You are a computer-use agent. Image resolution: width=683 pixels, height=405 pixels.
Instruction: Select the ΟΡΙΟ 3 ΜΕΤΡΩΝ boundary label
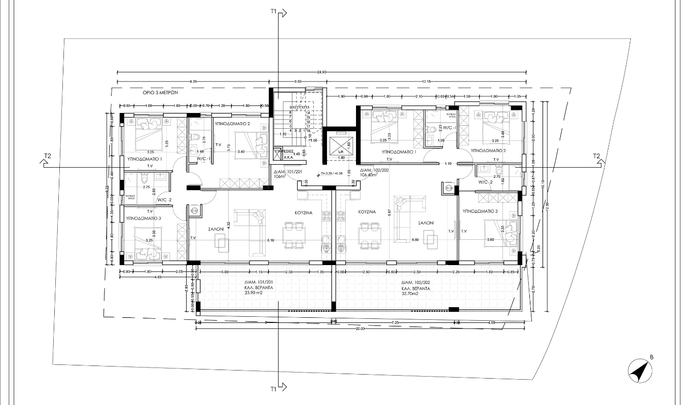pos(163,94)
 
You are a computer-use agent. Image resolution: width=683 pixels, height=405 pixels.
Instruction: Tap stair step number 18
pos(308,131)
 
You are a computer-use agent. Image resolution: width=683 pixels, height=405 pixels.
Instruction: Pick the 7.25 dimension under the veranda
pos(395,322)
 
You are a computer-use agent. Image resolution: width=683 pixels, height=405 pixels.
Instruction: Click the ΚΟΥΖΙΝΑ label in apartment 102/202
pos(367,212)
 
